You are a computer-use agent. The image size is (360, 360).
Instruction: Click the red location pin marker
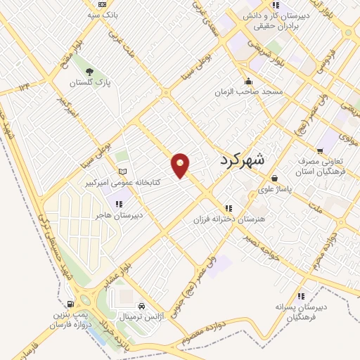click(181, 165)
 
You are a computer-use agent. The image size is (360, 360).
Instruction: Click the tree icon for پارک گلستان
click(89, 72)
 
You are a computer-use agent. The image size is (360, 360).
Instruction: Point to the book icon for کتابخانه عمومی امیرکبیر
click(123, 172)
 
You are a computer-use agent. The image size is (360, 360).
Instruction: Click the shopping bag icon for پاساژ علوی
click(274, 179)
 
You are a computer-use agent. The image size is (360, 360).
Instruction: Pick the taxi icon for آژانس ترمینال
click(143, 307)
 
